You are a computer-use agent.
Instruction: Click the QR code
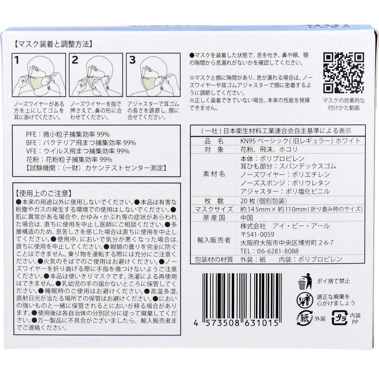point(343,73)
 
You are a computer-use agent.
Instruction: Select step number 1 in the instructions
point(17,60)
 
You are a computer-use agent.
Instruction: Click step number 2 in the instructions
point(75,60)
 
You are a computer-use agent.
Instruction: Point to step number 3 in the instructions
point(132,60)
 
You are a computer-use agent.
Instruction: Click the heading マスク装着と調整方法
point(53,44)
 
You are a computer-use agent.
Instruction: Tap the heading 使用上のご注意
point(44,193)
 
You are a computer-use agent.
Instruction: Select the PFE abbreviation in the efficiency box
point(31,135)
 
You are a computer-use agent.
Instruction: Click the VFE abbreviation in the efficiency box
point(31,151)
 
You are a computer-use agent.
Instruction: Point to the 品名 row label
point(214,141)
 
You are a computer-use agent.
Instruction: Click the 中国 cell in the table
point(247,218)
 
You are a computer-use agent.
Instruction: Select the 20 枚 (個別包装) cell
point(263,201)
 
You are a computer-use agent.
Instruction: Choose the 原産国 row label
point(214,218)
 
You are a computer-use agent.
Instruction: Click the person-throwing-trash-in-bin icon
point(305,281)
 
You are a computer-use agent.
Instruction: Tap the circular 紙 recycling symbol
point(305,318)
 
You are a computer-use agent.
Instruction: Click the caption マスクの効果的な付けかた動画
point(343,104)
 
